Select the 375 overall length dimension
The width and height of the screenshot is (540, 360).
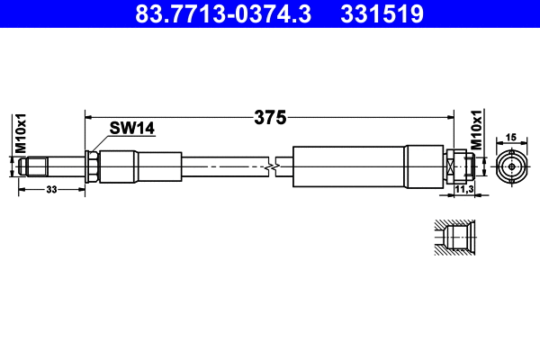[x=269, y=117]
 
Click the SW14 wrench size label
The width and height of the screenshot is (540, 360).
[x=131, y=129]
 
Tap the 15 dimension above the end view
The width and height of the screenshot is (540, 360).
[x=510, y=137]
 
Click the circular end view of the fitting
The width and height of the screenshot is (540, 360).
[x=510, y=166]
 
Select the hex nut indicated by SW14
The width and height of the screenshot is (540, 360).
[x=92, y=166]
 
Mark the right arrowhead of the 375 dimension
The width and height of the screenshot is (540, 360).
[x=449, y=116]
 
